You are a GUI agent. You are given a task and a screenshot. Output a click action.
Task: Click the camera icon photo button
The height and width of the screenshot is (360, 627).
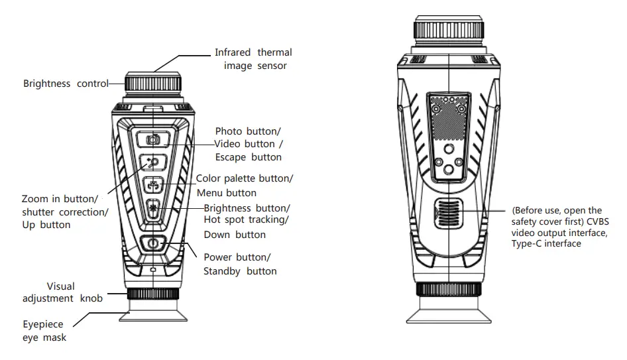click(x=153, y=139)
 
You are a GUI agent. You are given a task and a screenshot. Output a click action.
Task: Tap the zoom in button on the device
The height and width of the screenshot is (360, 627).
click(x=153, y=162)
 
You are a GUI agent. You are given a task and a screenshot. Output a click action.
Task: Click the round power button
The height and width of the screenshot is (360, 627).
click(x=153, y=243)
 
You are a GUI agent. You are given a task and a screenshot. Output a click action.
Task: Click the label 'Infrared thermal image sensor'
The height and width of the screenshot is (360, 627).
click(x=253, y=59)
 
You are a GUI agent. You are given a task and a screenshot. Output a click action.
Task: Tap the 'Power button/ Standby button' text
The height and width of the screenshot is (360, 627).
click(x=239, y=264)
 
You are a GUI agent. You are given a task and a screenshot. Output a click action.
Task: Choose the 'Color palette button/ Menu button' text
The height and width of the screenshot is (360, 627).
click(x=244, y=186)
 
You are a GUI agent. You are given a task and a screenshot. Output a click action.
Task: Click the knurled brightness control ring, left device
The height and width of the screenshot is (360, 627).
click(x=154, y=84)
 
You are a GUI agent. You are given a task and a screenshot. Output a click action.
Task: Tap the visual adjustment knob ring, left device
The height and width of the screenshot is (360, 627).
click(x=153, y=294)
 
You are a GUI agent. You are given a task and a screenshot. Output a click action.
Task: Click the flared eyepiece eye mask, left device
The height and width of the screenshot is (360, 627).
click(x=153, y=316)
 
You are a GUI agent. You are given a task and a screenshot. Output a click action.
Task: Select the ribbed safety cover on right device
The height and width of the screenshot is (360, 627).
click(x=449, y=212)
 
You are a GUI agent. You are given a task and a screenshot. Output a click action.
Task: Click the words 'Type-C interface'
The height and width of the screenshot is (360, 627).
click(x=546, y=244)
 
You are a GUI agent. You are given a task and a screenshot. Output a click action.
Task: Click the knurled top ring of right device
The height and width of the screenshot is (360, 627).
click(x=449, y=30)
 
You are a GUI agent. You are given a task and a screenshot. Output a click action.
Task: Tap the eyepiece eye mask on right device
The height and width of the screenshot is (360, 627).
click(x=449, y=312)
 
